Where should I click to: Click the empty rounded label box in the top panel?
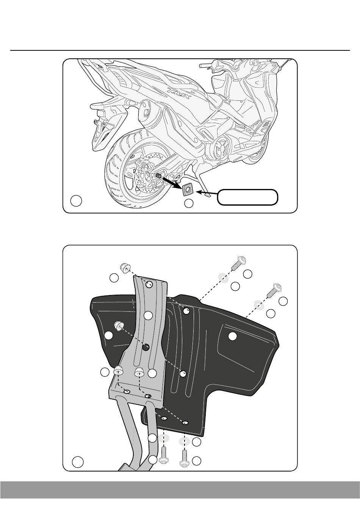click(x=247, y=197)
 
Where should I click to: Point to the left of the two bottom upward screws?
click(x=163, y=454)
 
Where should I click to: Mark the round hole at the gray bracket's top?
click(x=149, y=284)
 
